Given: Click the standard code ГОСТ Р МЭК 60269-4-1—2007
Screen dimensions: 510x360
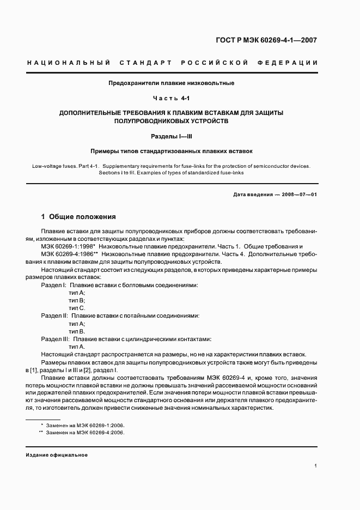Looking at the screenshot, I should pyautogui.click(x=266, y=40).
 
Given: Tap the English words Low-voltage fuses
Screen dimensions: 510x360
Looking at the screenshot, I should pyautogui.click(x=55, y=166).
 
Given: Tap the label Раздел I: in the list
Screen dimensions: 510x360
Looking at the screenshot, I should pyautogui.click(x=54, y=285).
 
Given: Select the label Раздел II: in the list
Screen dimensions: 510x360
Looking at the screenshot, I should pyautogui.click(x=54, y=315).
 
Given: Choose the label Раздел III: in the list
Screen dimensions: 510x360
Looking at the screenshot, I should pyautogui.click(x=56, y=338).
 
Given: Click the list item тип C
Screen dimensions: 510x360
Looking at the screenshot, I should pyautogui.click(x=77, y=308).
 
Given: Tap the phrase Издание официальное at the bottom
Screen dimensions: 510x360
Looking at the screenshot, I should pyautogui.click(x=57, y=454).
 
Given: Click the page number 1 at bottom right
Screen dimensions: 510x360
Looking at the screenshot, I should pyautogui.click(x=315, y=466).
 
